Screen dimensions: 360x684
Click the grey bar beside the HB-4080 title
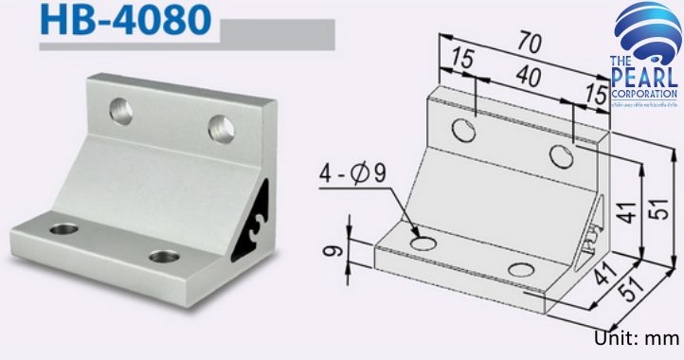(x=277, y=35)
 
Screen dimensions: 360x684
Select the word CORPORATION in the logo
(x=644, y=95)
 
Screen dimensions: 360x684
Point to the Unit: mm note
(x=638, y=338)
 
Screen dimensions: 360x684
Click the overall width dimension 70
(x=530, y=42)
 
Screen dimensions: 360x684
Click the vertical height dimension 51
(x=650, y=215)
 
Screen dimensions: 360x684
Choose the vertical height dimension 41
(x=621, y=215)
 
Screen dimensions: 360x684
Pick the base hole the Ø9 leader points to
(x=423, y=244)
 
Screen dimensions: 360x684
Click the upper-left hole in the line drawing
(x=464, y=130)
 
